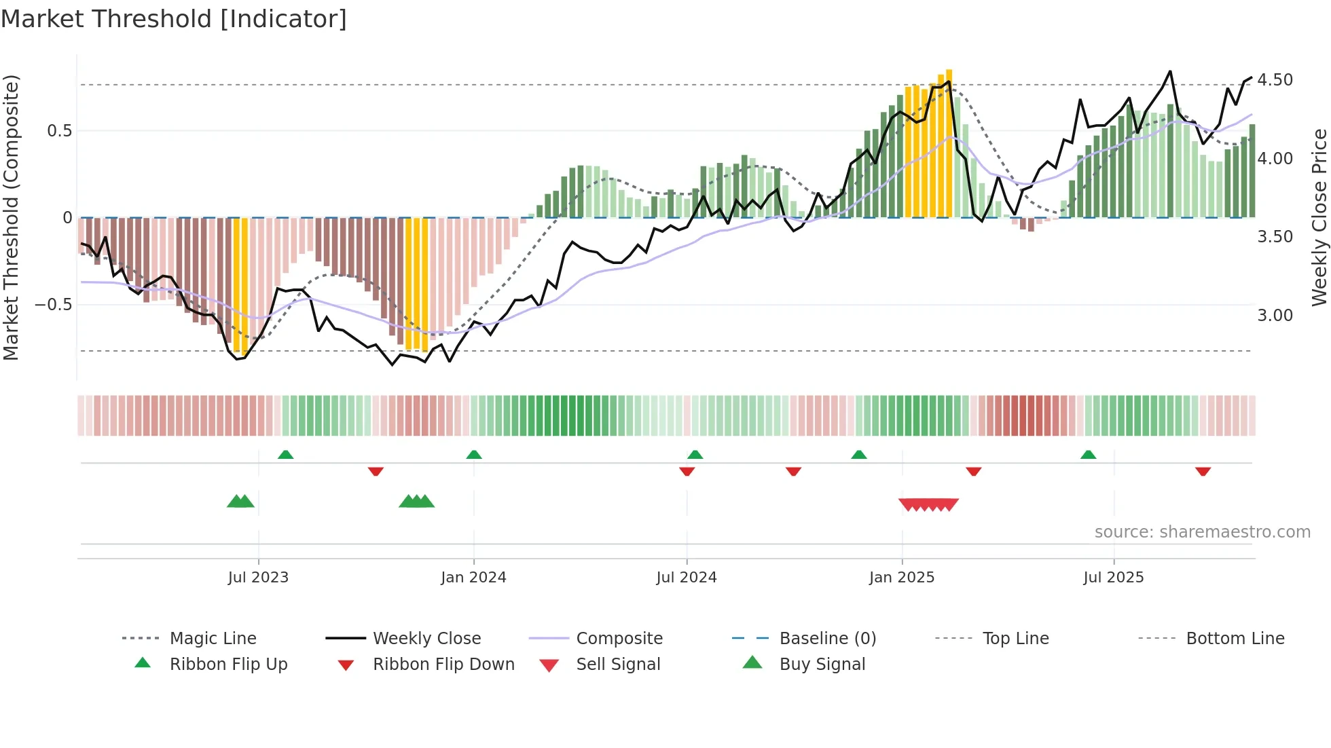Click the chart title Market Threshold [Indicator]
(x=174, y=19)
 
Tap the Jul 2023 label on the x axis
(x=258, y=578)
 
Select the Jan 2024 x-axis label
(x=473, y=578)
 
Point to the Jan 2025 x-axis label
(x=902, y=578)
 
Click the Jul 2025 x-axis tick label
(x=1114, y=578)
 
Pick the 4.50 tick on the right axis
(x=1275, y=80)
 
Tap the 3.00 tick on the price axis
(x=1275, y=316)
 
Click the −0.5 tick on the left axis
(x=54, y=305)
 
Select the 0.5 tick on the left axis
(x=59, y=131)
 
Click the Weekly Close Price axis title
(x=1319, y=217)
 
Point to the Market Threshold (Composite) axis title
(x=11, y=217)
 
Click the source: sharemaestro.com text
(x=1202, y=532)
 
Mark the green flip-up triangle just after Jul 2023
(x=285, y=455)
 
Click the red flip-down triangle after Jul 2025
(x=1203, y=471)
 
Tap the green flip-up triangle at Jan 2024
(x=474, y=455)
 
